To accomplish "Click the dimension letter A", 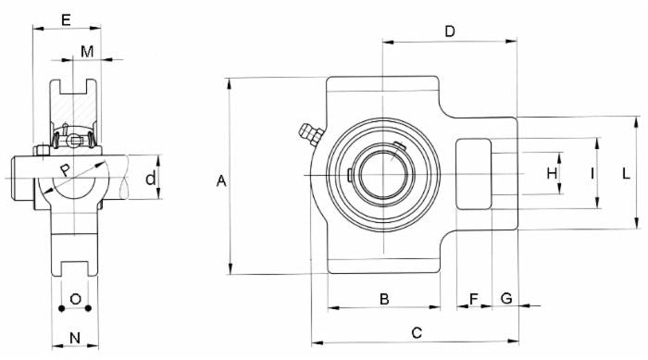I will [221, 181].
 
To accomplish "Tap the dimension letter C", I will [416, 331].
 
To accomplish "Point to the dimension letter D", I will [450, 31].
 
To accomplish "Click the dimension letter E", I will [65, 19].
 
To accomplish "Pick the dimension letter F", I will [474, 298].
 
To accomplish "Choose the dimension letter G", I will [506, 298].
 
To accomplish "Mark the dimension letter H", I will [552, 173].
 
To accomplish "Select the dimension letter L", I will [627, 173].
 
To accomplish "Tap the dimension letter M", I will [86, 51].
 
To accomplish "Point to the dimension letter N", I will [75, 338].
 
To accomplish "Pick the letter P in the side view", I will [64, 169].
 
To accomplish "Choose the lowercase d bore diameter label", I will [150, 178].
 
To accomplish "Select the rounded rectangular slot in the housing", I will [475, 174].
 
